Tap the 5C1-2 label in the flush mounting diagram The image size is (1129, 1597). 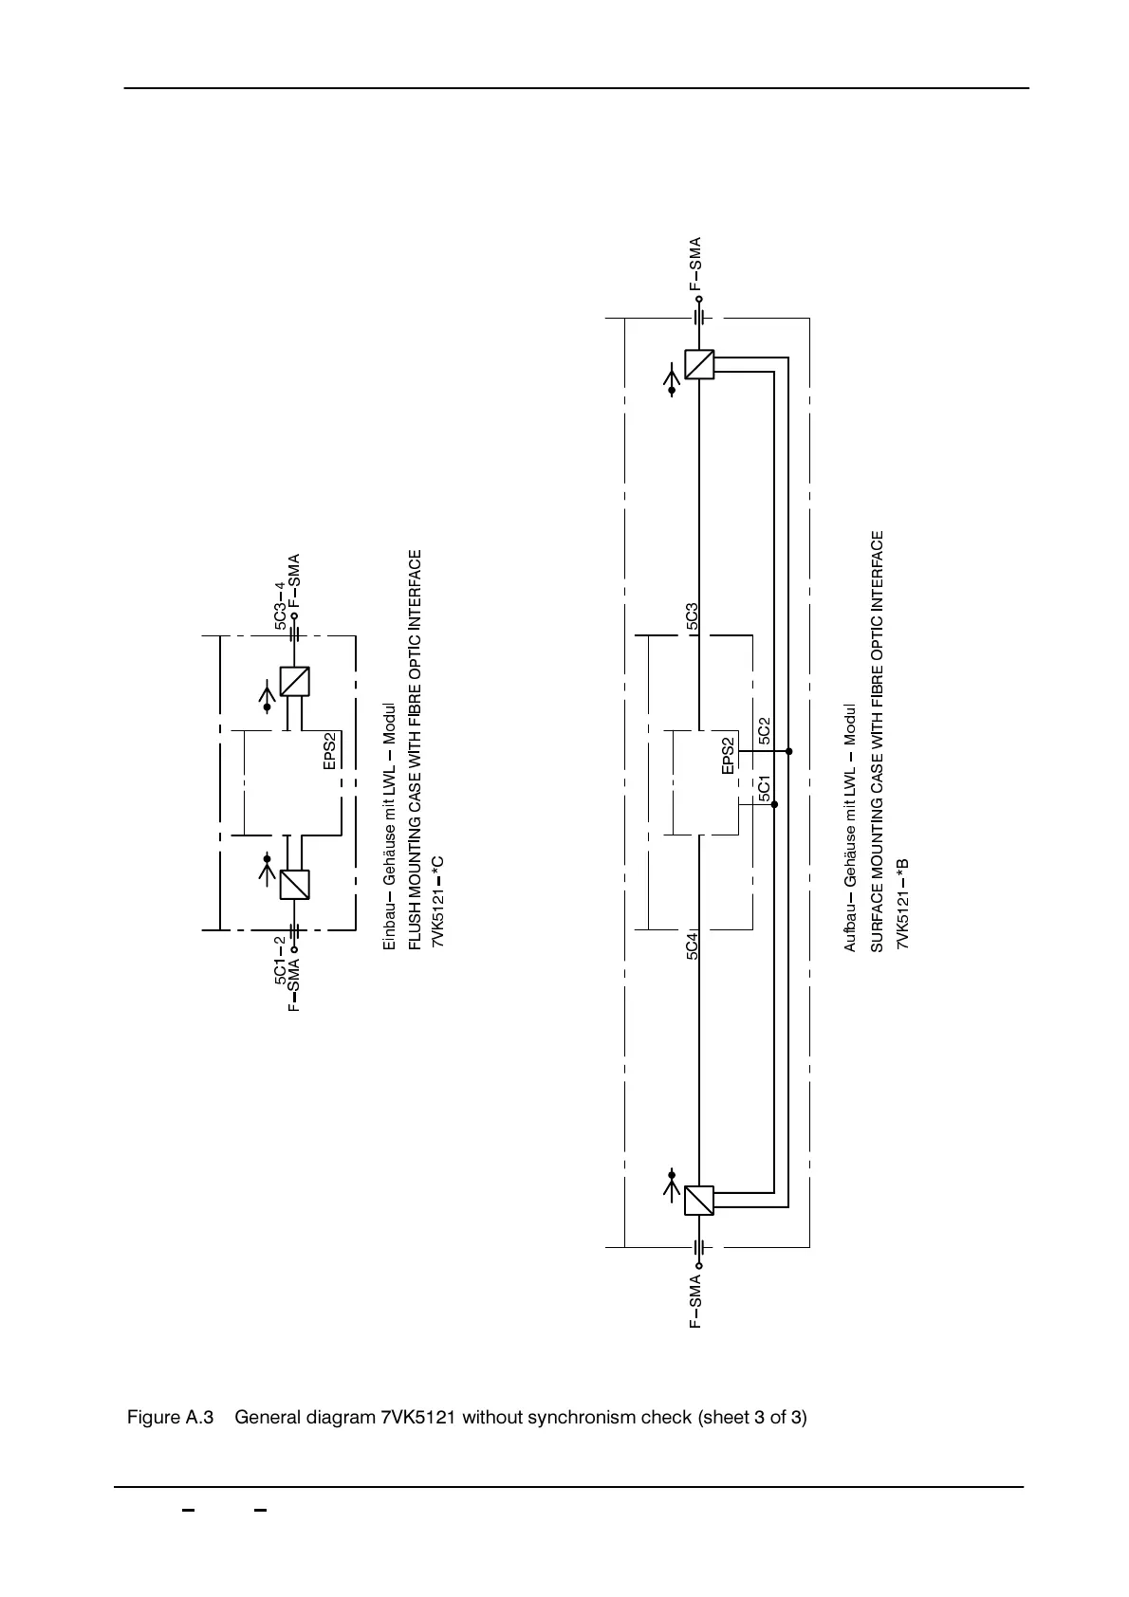click(x=280, y=960)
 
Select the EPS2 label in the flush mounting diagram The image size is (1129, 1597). click(x=330, y=751)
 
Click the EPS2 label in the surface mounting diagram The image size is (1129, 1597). click(x=728, y=756)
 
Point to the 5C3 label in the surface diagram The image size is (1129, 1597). click(x=693, y=617)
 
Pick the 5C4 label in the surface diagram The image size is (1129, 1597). click(x=693, y=945)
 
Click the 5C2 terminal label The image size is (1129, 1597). click(x=765, y=730)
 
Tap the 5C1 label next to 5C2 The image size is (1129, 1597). click(x=765, y=788)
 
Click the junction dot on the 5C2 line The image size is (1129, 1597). click(x=789, y=751)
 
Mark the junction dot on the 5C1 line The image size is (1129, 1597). click(x=774, y=804)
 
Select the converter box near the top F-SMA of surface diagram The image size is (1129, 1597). click(x=699, y=364)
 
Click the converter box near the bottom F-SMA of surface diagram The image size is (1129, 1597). click(x=699, y=1200)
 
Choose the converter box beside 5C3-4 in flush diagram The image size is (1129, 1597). click(x=294, y=682)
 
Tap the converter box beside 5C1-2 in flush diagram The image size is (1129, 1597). click(x=294, y=885)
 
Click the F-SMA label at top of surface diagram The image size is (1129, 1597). click(x=695, y=264)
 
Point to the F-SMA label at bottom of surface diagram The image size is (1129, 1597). click(x=695, y=1301)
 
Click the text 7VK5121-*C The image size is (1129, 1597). click(x=438, y=901)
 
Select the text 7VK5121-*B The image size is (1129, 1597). click(x=902, y=903)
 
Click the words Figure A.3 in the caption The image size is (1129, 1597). click(x=170, y=1418)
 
